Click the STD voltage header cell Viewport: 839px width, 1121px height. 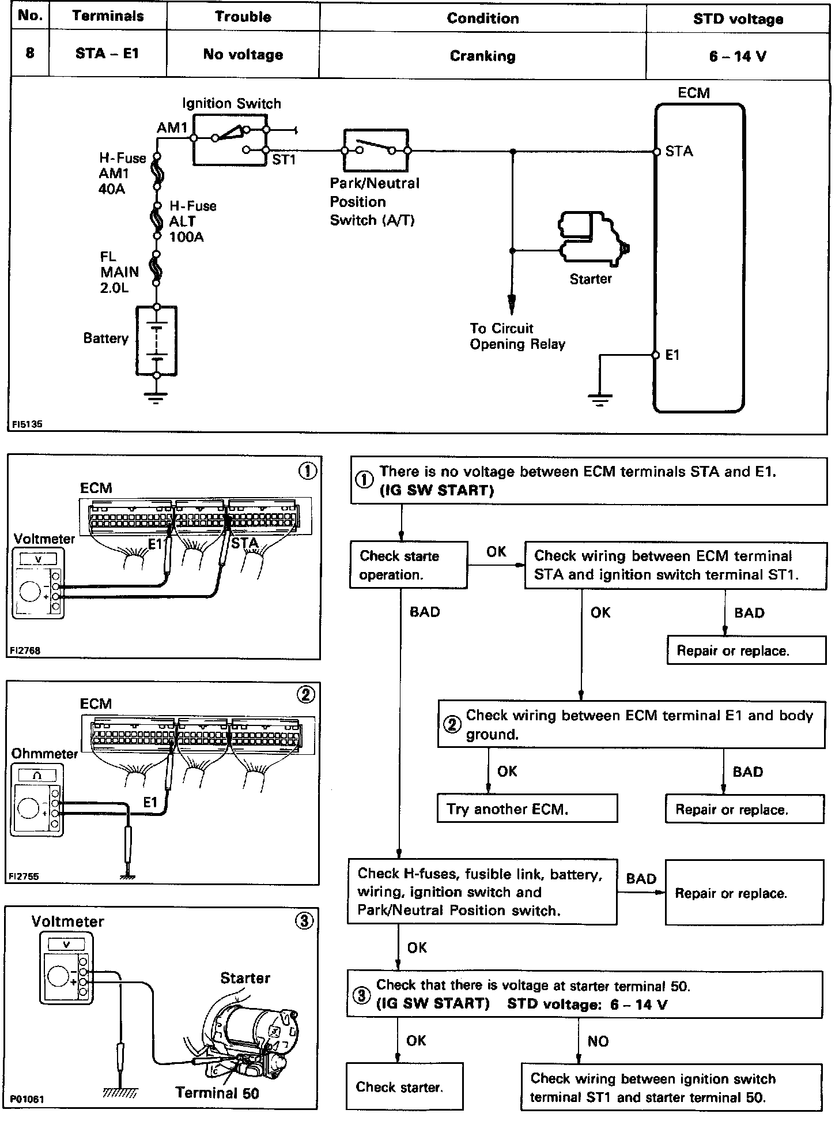coord(738,19)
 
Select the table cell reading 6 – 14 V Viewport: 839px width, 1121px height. coord(738,57)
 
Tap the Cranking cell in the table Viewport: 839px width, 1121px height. coord(482,57)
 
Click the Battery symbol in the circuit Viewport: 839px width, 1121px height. coord(156,341)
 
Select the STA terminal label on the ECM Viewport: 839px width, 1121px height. coord(679,152)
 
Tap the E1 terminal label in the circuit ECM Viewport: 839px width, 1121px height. coord(672,355)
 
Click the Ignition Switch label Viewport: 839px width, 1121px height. coord(232,104)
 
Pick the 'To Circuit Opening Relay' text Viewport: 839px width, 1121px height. coord(517,336)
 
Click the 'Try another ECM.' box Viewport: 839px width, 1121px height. coord(527,808)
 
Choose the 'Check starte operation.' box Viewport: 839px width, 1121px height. coord(408,565)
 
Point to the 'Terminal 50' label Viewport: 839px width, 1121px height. coord(217,1092)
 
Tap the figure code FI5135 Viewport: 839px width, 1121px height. coord(27,424)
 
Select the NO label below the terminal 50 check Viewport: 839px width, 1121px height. coord(598,1041)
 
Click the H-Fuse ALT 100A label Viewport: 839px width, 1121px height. coord(192,221)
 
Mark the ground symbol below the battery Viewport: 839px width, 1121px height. coord(156,397)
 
